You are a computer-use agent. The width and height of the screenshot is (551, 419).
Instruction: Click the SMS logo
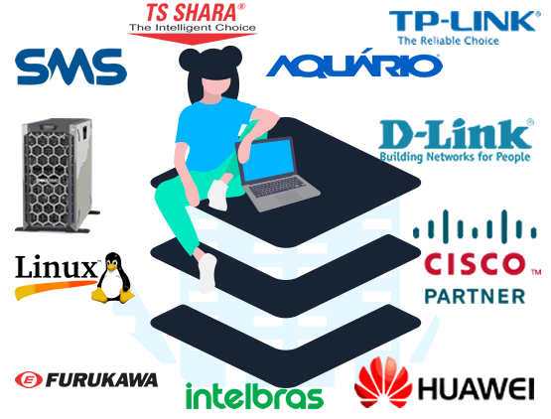tap(70, 67)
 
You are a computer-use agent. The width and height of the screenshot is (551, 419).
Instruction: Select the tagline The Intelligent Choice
tap(193, 28)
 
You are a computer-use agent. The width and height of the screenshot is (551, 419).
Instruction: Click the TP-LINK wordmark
tap(465, 21)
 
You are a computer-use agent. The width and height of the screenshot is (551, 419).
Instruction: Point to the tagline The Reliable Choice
tap(448, 41)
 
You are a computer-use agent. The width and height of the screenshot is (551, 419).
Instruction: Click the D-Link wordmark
tap(456, 134)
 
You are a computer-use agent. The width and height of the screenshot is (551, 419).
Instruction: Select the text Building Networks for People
tap(455, 157)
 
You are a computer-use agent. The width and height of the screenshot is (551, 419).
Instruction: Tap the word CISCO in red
tap(475, 264)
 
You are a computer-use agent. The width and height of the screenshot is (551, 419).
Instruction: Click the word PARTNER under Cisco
tap(476, 296)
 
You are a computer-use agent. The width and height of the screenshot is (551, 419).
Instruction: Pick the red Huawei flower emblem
tap(383, 382)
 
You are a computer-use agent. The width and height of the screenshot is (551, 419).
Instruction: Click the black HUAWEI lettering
tap(477, 389)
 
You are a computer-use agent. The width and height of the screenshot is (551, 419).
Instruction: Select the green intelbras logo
tap(254, 396)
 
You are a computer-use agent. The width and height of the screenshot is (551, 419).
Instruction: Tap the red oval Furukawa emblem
tap(29, 380)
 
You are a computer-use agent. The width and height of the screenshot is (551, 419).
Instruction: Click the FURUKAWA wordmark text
tap(102, 380)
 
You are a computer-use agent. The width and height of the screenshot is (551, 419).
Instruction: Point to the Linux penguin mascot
tap(113, 278)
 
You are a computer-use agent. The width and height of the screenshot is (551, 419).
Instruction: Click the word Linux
tap(57, 267)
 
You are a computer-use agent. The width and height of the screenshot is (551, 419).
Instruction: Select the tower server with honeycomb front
tap(58, 176)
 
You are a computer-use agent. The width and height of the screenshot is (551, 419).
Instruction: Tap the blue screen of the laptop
tap(268, 160)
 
